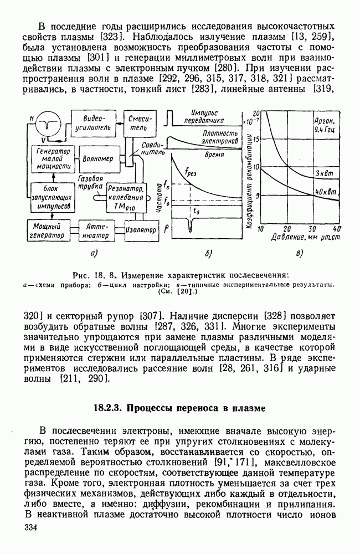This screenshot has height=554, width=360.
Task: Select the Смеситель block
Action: pos(137,124)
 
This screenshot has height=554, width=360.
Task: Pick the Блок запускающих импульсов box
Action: pos(49,197)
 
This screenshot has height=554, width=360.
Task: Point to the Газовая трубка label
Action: pos(90,184)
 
